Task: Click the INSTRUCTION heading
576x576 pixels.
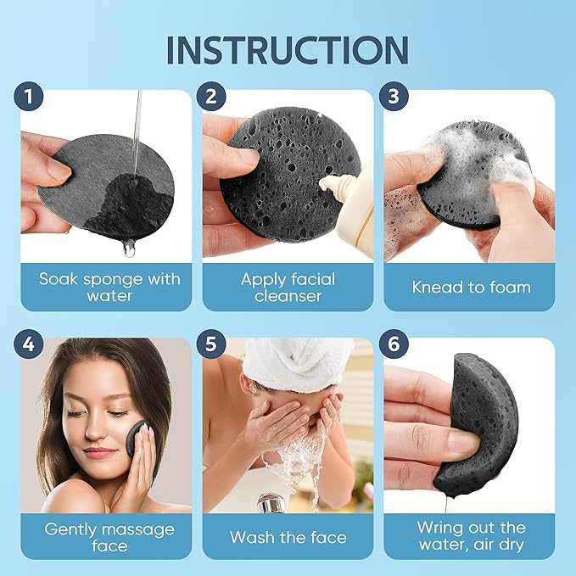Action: (x=288, y=49)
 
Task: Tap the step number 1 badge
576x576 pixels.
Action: (x=29, y=97)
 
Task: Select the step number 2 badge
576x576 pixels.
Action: (x=210, y=97)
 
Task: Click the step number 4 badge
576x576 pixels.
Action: (x=29, y=346)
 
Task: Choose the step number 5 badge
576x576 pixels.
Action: (x=210, y=346)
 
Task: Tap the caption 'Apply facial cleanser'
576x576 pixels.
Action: (x=288, y=287)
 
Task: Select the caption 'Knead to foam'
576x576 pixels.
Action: (x=471, y=287)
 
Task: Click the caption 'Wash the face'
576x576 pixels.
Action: (x=288, y=537)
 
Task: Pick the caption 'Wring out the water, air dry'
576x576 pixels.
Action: (x=471, y=537)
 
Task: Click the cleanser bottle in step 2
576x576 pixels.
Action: (x=355, y=212)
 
